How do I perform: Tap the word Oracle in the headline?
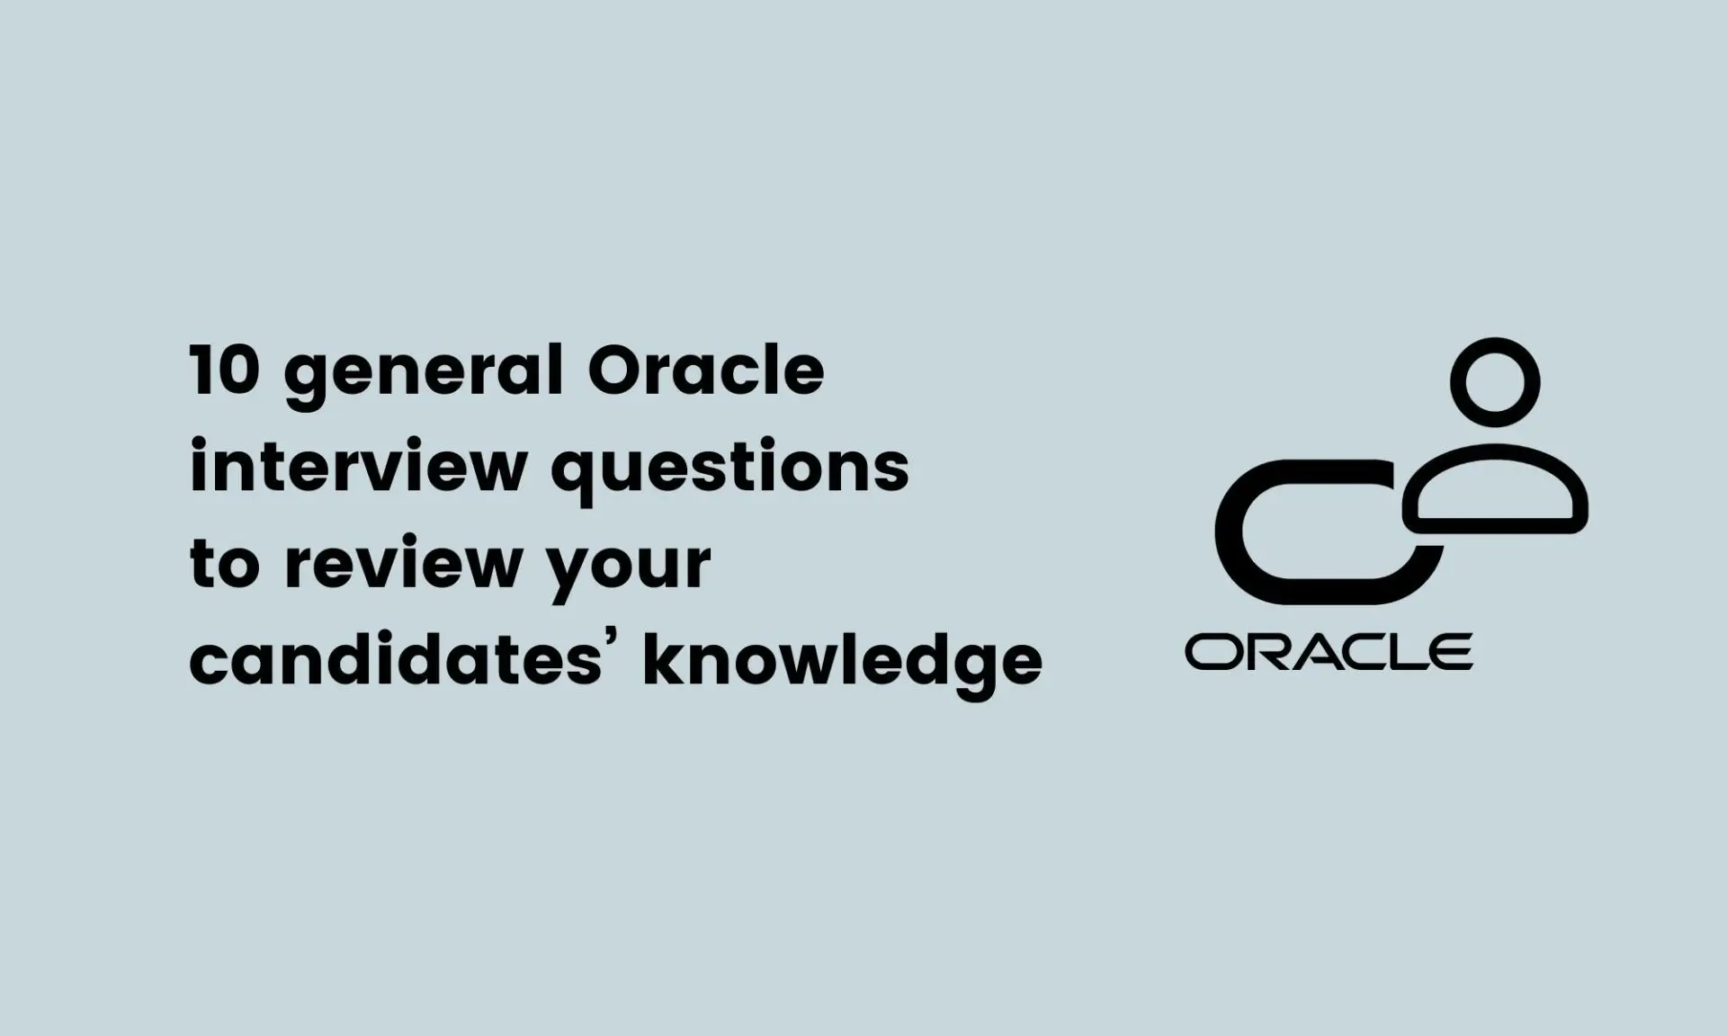point(706,371)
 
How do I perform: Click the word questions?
point(729,469)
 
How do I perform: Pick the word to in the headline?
point(225,565)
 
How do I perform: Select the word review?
point(404,565)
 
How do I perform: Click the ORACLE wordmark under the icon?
point(1329,652)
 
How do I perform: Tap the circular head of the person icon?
point(1495,381)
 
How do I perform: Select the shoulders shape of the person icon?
point(1495,490)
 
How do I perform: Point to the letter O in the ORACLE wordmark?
point(1212,652)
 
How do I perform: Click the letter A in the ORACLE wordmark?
point(1309,652)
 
